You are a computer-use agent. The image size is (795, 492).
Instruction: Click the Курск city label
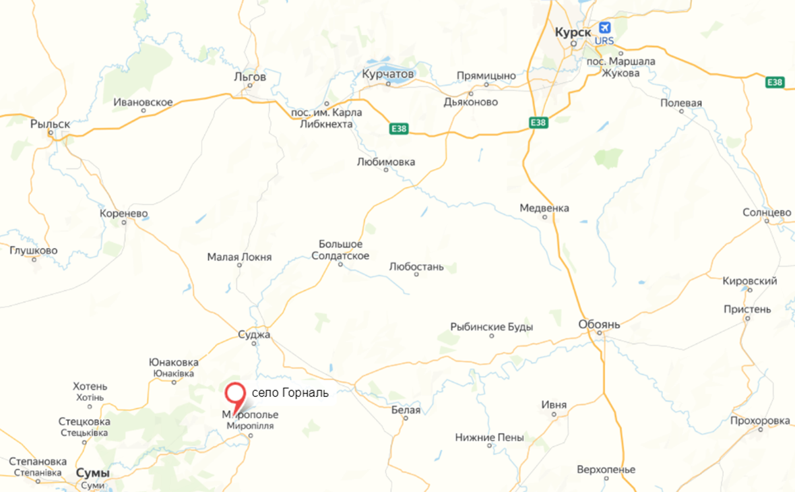(x=573, y=32)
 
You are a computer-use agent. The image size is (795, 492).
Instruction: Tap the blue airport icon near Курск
(x=604, y=28)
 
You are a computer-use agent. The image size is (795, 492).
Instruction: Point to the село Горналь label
(x=290, y=393)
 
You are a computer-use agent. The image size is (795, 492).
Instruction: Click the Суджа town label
(x=254, y=334)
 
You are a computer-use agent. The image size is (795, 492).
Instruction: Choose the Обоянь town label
(x=598, y=325)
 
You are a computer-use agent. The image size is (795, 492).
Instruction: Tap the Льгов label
(x=250, y=77)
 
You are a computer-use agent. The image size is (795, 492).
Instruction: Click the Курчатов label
(x=388, y=73)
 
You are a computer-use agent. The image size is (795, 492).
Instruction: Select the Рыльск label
(x=51, y=123)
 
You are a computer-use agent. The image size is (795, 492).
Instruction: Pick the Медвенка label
(x=544, y=208)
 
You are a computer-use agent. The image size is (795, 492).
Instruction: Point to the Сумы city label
(x=93, y=473)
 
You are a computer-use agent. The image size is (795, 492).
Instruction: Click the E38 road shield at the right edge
(x=775, y=82)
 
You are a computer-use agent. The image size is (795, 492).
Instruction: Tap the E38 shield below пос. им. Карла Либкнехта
(x=399, y=129)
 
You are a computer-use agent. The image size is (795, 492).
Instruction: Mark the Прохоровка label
(x=760, y=421)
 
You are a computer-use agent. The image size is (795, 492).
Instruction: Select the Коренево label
(x=123, y=214)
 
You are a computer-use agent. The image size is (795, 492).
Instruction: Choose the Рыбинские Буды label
(x=492, y=328)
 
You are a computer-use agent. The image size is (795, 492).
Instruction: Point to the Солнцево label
(x=767, y=212)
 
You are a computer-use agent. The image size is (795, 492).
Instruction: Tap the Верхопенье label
(x=606, y=470)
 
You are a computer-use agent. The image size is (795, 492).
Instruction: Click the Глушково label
(x=34, y=251)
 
